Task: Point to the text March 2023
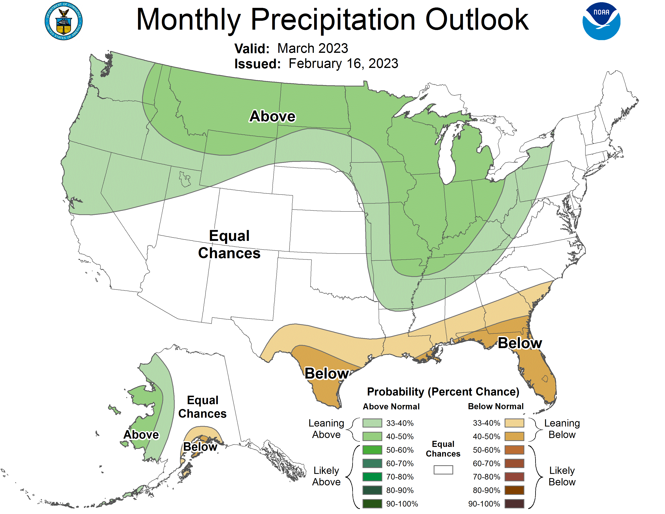coord(313,48)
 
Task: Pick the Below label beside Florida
coord(520,343)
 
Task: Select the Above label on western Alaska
coord(141,435)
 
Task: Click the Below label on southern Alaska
coord(200,447)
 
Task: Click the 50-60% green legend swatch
coord(372,450)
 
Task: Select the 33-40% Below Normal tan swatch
coord(514,423)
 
